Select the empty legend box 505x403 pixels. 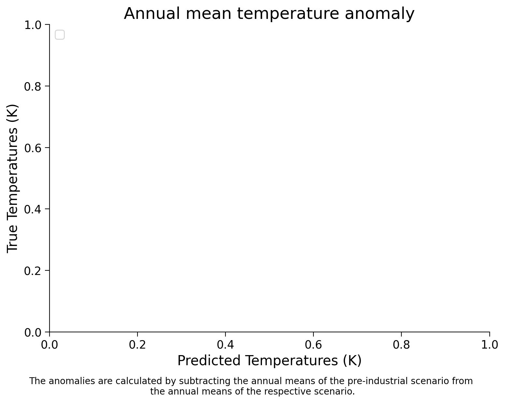[60, 35]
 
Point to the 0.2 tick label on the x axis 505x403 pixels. [137, 345]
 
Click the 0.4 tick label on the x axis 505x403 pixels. [225, 345]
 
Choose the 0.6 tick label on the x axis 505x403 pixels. [313, 345]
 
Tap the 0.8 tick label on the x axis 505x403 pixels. [401, 345]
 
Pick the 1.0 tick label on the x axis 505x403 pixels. [489, 345]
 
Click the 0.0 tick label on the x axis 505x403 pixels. [50, 345]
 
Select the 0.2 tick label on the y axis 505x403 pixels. [33, 270]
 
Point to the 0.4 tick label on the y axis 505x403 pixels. [33, 209]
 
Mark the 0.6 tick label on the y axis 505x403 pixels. [33, 148]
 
